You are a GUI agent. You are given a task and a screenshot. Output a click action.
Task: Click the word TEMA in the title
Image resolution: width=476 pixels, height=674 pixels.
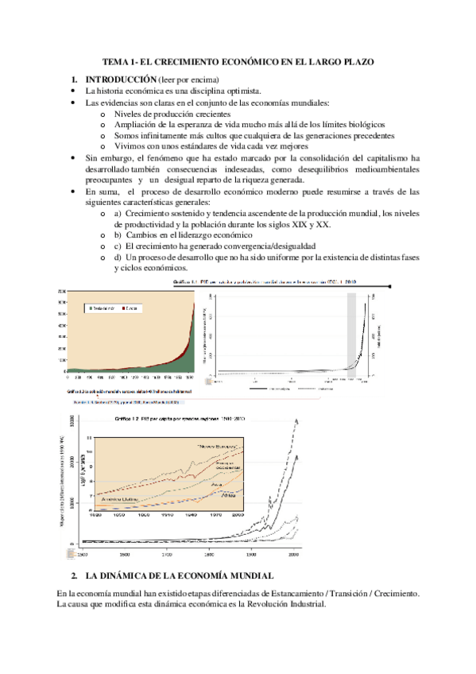(116, 61)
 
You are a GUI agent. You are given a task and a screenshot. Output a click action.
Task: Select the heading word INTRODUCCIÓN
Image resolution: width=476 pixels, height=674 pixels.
(120, 79)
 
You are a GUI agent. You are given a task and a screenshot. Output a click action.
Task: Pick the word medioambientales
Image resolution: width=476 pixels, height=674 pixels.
(376, 169)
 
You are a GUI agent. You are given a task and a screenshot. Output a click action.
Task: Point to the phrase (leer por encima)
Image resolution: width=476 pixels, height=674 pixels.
(188, 79)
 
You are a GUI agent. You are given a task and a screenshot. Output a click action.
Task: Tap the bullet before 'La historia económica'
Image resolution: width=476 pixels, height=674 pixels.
(73, 92)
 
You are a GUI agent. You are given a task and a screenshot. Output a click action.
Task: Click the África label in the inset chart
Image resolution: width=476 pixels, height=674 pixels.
(231, 496)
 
